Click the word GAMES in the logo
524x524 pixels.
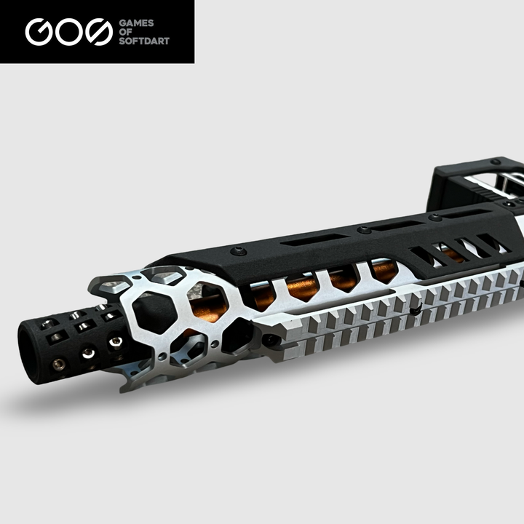136,23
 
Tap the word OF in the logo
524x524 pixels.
125,32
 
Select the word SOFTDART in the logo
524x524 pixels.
144,41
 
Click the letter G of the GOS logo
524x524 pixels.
39,32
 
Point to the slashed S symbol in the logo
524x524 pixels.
99,32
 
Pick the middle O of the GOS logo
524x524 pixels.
69,32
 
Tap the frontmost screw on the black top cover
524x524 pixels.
239,250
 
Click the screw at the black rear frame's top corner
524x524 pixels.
496,162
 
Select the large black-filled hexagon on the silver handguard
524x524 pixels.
154,312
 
